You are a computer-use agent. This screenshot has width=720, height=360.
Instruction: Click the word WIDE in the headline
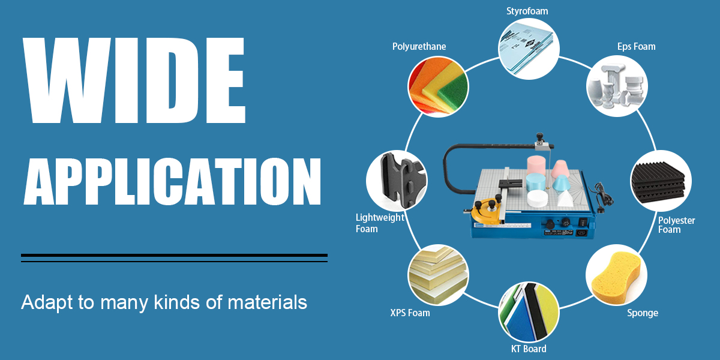134,80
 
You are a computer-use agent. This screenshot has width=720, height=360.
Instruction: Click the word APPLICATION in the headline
172,181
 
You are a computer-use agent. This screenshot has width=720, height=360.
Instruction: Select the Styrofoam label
527,11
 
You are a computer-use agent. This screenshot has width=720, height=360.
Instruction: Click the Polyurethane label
419,47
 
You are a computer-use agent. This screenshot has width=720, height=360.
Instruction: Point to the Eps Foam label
636,47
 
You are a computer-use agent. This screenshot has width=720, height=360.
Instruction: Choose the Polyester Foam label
676,225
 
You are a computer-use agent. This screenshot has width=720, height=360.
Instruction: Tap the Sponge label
643,313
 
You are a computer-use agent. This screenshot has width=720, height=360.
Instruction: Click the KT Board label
529,349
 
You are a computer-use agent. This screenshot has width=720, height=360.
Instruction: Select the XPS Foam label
410,313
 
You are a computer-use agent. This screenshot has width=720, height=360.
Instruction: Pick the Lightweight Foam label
380,223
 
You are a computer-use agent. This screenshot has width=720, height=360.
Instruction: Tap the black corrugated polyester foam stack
658,182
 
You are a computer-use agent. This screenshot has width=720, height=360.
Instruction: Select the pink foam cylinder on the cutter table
536,166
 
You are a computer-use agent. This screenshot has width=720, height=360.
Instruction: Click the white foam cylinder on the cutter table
537,199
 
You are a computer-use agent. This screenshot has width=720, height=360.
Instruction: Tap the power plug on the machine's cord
600,211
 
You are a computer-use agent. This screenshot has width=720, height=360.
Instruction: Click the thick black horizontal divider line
174,256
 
